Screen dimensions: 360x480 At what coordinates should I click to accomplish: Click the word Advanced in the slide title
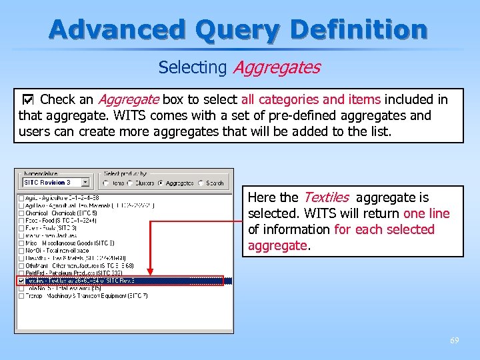pos(116,29)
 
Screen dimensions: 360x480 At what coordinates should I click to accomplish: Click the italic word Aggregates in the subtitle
pos(275,67)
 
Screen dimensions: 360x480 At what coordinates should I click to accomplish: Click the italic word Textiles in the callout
pos(326,197)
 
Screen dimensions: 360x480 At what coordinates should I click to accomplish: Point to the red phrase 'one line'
pos(427,213)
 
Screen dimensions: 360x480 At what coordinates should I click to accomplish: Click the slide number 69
pos(454,341)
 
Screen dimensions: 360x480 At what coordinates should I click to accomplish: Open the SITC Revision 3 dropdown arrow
pos(85,182)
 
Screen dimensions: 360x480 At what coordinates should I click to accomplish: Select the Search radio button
pos(202,183)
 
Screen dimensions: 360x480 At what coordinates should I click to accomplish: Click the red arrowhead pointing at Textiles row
pos(150,271)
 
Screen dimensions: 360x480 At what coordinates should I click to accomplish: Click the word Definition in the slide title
pos(359,29)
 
